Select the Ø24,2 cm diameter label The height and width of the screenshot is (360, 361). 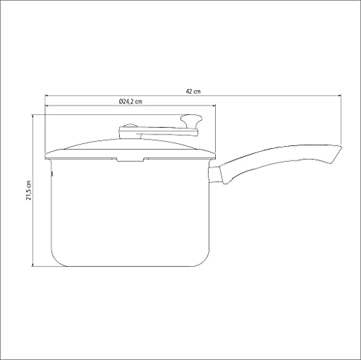pos(131,103)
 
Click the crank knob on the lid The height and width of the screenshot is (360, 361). pos(192,119)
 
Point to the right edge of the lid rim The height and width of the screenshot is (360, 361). pos(214,155)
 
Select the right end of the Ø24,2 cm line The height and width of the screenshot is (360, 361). pos(215,108)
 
